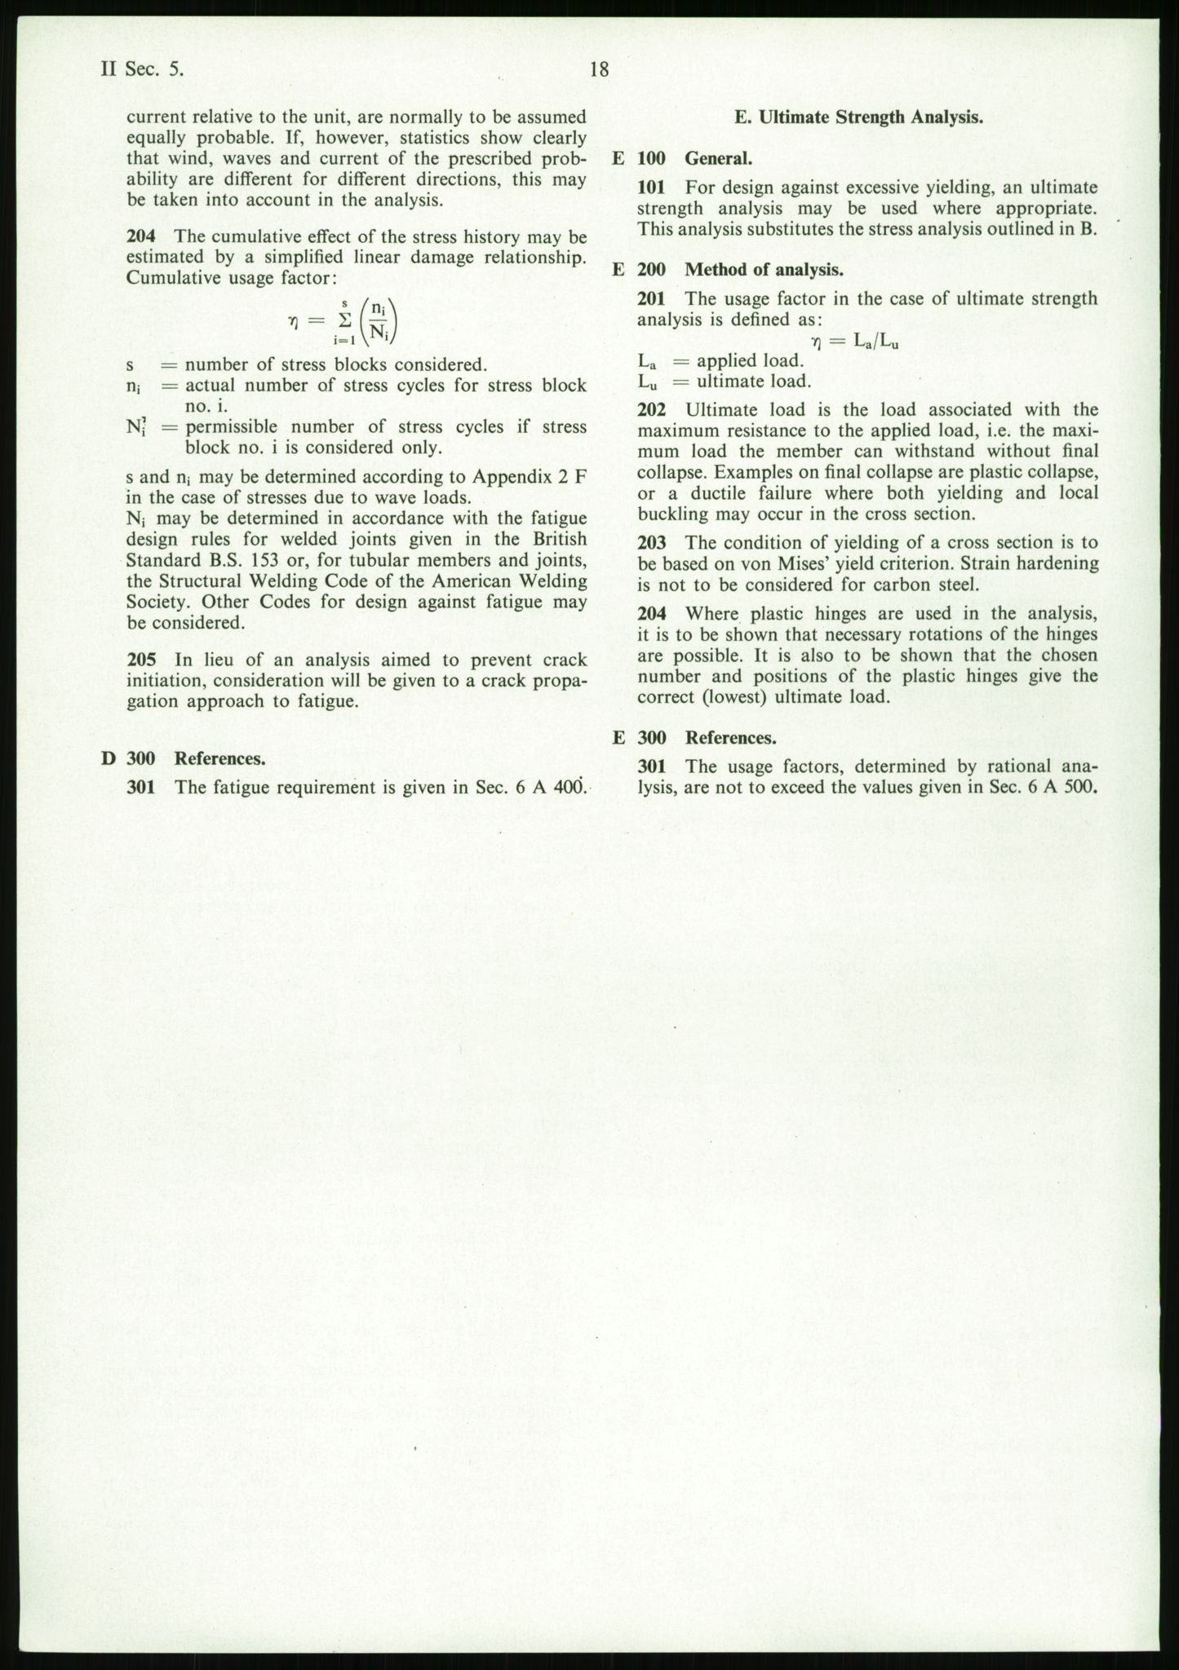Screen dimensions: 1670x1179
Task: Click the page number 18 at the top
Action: [599, 70]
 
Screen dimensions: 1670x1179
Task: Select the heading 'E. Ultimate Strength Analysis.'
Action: [858, 117]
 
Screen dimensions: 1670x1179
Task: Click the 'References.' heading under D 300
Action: [220, 758]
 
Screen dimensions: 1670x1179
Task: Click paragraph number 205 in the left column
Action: [140, 660]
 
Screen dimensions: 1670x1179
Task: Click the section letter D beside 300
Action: [108, 758]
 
